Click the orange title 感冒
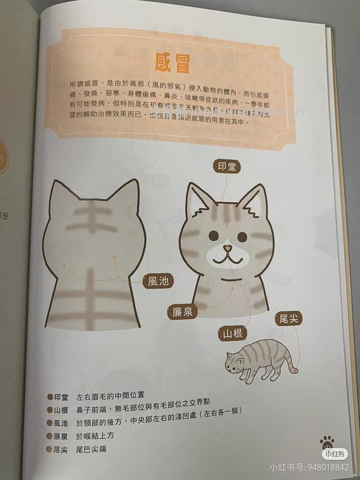[x=173, y=63]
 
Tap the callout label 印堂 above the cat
[x=227, y=166]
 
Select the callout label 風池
[x=159, y=281]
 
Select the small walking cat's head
[x=235, y=363]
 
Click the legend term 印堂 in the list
[x=61, y=395]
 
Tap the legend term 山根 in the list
[x=61, y=409]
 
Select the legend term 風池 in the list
[x=61, y=423]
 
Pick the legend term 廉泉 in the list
[x=61, y=435]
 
